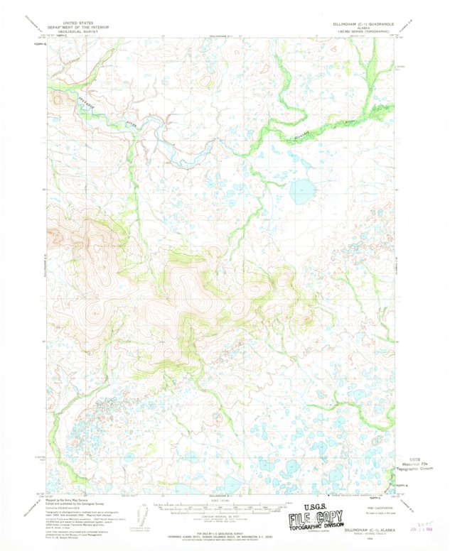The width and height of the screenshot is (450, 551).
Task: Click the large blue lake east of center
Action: tap(303, 190)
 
